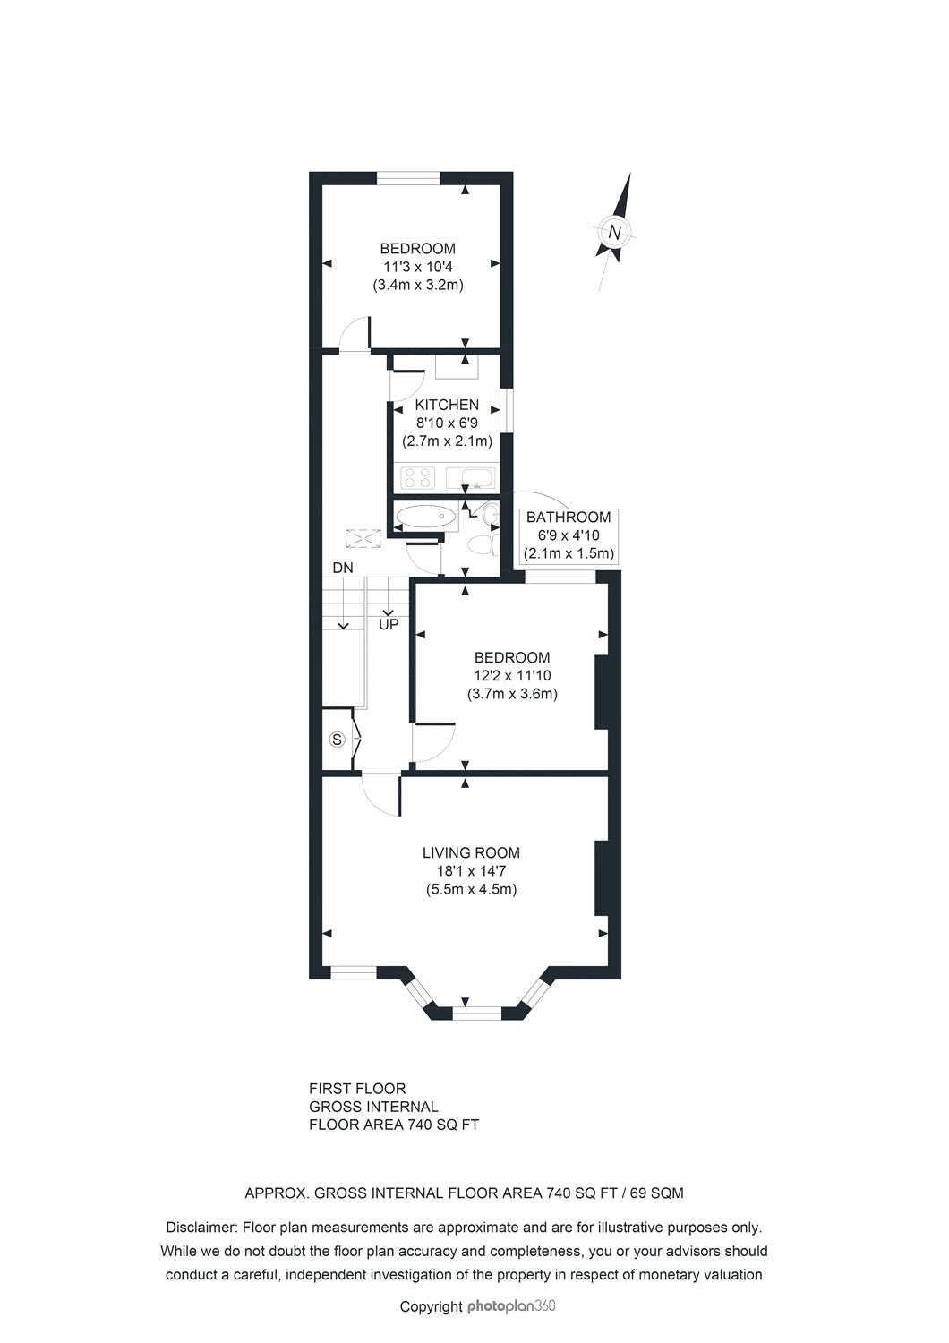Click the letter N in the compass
pos(614,232)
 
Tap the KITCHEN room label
pos(447,405)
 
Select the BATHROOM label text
pos(569,517)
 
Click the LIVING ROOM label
pos(471,852)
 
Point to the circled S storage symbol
pos(338,740)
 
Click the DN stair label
pos(343,567)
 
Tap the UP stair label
pos(389,625)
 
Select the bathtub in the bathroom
pos(425,516)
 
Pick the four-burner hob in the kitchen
pos(417,478)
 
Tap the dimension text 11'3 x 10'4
pos(418,267)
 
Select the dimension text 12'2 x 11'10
pos(513,676)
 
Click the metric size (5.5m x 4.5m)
pos(471,889)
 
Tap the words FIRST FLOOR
pos(357,1088)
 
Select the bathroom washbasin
pos(490,514)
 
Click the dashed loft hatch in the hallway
pos(363,538)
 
